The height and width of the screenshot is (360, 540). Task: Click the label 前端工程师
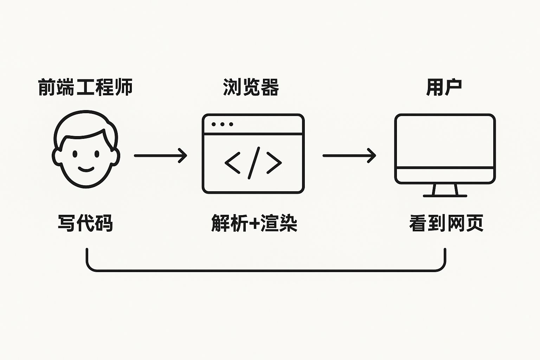85,87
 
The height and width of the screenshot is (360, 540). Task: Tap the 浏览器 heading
251,87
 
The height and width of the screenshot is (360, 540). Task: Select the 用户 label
444,87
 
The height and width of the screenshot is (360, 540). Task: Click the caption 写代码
85,223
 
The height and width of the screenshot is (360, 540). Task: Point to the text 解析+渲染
254,223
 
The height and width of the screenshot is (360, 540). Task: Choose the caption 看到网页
446,223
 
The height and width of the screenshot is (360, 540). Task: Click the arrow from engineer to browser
160,155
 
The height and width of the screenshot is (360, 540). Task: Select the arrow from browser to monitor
349,155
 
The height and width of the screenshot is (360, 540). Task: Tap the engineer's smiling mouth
86,169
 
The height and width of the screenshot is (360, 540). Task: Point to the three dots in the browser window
222,124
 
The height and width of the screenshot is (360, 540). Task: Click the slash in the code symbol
253,162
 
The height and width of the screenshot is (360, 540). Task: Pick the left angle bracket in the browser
232,162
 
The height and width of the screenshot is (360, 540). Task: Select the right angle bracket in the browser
274,162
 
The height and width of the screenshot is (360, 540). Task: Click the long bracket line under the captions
266,270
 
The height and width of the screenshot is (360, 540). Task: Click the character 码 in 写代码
104,223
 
